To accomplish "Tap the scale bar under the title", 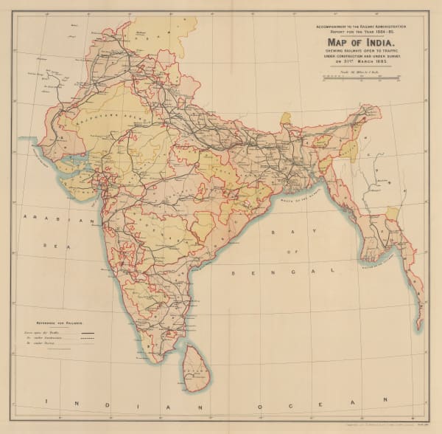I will point(359,75).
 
